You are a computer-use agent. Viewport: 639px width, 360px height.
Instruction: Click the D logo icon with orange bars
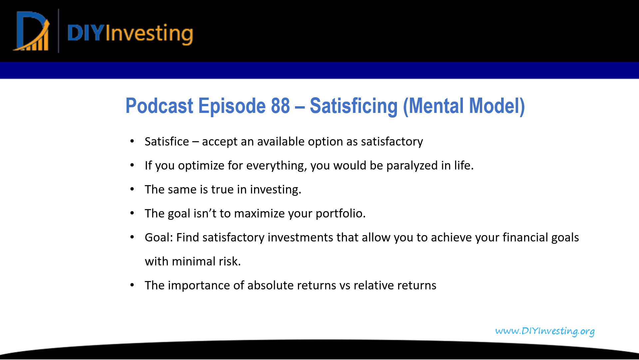point(32,32)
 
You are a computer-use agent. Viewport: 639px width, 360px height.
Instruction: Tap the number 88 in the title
point(280,106)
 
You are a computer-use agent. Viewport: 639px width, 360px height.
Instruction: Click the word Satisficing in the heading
point(353,106)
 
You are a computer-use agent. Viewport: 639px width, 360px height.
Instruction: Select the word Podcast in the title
point(159,106)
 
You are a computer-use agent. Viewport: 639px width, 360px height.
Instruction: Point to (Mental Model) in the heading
point(464,106)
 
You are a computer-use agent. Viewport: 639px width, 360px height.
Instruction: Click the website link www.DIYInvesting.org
point(544,331)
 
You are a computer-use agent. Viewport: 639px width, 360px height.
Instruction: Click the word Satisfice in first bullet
point(166,142)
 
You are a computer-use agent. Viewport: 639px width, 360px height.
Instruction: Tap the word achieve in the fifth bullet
point(451,238)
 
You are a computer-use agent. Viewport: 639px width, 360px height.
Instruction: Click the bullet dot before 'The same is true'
point(132,189)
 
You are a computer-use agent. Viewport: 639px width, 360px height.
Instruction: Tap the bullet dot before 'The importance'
point(132,285)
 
